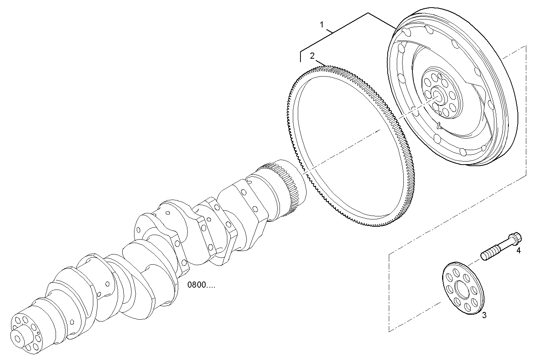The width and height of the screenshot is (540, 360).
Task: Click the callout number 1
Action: [x=322, y=25]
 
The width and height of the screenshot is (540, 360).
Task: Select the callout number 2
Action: [x=312, y=56]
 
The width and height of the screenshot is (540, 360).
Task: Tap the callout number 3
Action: [x=484, y=315]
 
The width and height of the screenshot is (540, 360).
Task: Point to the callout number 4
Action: [x=518, y=250]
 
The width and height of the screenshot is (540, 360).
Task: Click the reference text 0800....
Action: [x=201, y=285]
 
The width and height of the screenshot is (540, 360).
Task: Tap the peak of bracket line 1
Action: [x=368, y=13]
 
